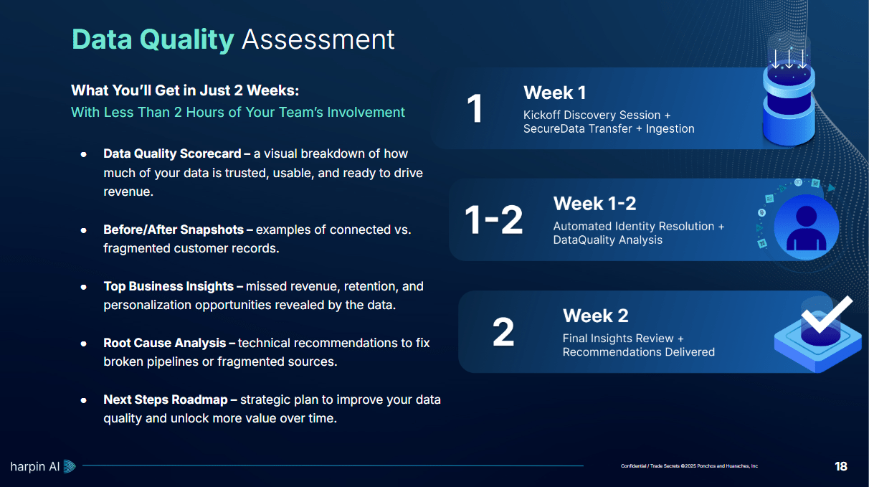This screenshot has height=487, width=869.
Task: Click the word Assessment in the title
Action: click(318, 39)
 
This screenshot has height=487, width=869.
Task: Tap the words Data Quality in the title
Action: click(153, 40)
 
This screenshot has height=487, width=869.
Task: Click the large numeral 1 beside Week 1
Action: click(475, 108)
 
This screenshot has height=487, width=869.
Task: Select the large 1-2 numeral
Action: click(493, 219)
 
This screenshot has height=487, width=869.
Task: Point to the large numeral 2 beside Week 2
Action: click(503, 332)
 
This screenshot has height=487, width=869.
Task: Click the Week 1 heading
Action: click(554, 93)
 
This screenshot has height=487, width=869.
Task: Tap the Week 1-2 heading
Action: click(594, 204)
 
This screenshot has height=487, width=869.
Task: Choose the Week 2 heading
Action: click(596, 316)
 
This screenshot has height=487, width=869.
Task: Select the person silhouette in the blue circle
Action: click(806, 229)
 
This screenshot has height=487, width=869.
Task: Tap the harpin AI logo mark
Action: click(70, 466)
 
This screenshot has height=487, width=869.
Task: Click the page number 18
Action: click(841, 466)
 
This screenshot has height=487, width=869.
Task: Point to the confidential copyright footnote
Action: click(689, 465)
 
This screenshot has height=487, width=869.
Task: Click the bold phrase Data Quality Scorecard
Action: click(172, 153)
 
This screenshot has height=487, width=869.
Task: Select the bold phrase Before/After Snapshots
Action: click(174, 230)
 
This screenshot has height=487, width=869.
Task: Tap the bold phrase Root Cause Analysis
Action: click(164, 343)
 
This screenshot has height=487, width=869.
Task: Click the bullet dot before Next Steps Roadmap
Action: click(83, 400)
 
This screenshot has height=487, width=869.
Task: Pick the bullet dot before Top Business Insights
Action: click(83, 287)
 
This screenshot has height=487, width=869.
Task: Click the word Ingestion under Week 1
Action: click(670, 129)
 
